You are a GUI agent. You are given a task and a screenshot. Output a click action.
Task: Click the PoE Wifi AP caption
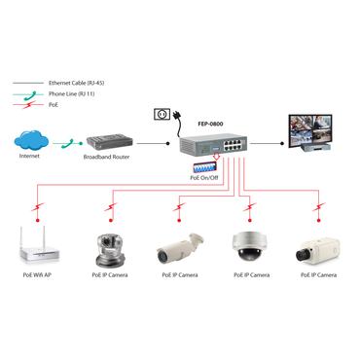tap(37, 275)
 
